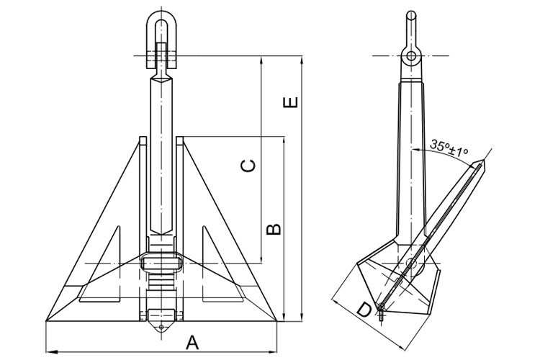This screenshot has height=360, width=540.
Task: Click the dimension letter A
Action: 192,342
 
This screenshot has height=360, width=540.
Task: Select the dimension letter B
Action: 274,230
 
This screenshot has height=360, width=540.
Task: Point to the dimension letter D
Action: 364,310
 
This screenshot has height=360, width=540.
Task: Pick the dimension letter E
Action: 290,102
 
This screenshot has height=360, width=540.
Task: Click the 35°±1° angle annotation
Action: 449,148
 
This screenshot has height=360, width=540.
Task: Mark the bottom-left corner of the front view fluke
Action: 46,320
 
